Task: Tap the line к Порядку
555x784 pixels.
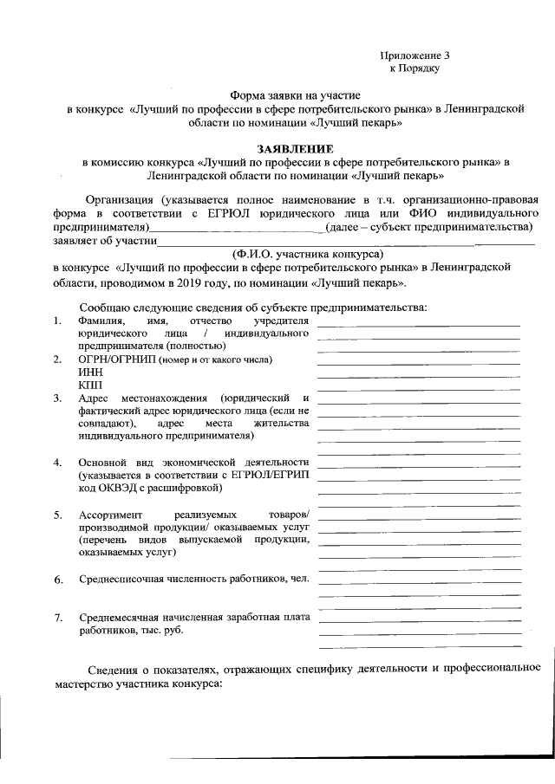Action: [415, 67]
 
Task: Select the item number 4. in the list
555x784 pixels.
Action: [57, 462]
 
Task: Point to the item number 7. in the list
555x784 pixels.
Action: [58, 618]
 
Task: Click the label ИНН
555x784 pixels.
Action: [88, 372]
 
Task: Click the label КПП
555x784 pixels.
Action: [89, 384]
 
